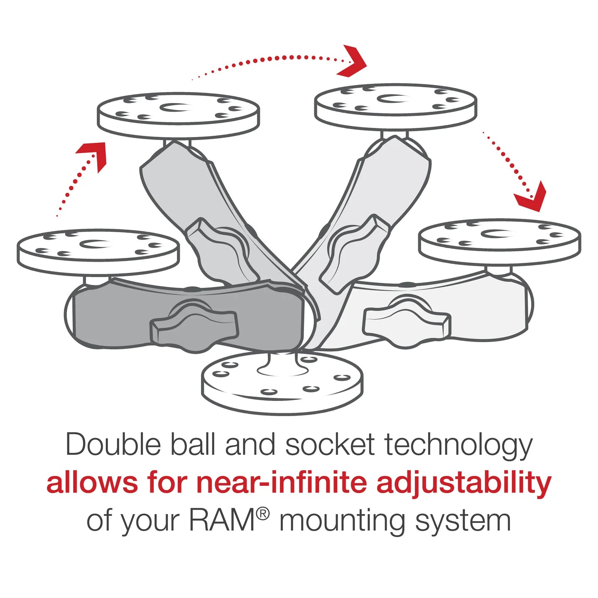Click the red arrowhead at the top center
[353, 61]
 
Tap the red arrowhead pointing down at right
[532, 197]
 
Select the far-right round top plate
[500, 241]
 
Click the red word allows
[92, 483]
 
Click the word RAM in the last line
[222, 520]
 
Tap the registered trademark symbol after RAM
[262, 514]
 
